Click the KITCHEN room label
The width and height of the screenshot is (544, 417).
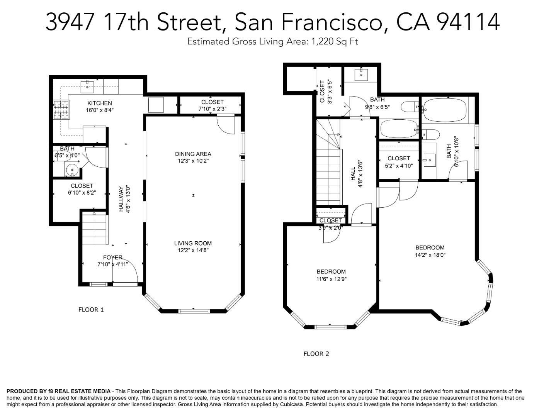coord(99,103)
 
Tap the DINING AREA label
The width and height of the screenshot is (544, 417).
coord(193,154)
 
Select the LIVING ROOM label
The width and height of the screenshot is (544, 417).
coord(193,243)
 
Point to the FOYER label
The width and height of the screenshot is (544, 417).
coord(113,258)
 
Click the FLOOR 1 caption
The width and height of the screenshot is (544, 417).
coord(91,310)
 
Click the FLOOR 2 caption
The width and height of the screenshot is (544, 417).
coord(316,354)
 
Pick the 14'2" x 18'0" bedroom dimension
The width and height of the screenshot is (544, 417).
coord(430,255)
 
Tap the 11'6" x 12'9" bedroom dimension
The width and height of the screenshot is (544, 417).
coord(331,279)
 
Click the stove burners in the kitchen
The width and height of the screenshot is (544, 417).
coord(61,110)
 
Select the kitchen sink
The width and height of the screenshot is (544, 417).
coord(87,85)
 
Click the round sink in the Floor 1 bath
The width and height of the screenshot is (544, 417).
coord(72,170)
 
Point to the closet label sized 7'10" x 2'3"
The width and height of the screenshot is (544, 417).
coord(212,102)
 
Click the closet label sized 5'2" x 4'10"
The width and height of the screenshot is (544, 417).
coord(399,158)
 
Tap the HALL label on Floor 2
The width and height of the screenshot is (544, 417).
coord(353,174)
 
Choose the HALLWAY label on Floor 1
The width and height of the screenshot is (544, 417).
coord(121,199)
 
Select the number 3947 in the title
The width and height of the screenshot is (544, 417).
coord(70,22)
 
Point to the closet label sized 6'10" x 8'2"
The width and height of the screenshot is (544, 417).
coord(82,186)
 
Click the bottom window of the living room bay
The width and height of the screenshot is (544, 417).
coord(194,311)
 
